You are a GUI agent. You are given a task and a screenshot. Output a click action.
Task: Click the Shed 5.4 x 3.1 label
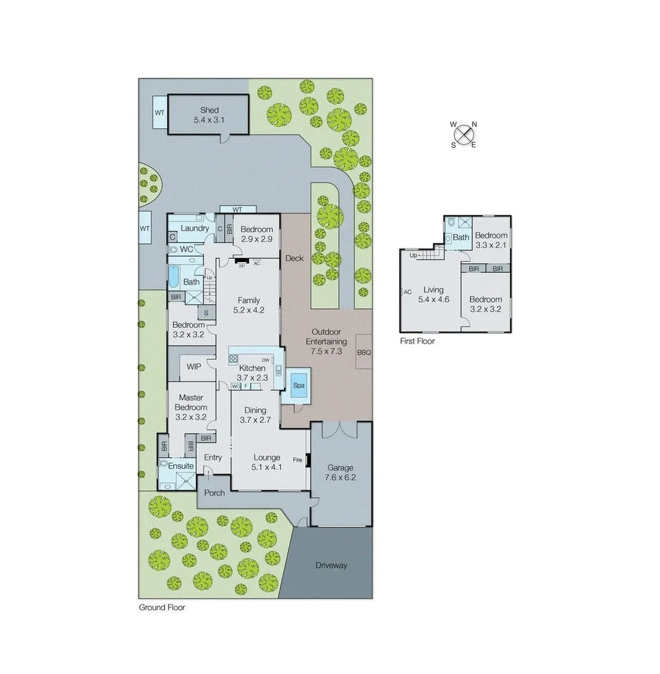[209, 115]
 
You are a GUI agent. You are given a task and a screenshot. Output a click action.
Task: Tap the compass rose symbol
[464, 135]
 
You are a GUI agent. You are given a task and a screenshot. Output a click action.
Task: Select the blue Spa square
[298, 386]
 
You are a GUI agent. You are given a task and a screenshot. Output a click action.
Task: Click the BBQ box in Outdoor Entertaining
[364, 352]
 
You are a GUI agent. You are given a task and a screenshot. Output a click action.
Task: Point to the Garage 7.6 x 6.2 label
[340, 472]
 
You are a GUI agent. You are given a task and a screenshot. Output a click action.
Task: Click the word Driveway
[331, 565]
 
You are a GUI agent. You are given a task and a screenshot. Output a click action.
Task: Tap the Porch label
[214, 493]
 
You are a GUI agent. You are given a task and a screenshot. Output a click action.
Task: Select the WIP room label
[193, 367]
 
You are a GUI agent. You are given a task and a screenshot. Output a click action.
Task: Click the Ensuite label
[181, 466]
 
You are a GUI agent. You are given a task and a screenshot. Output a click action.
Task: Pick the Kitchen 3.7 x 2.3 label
[252, 372]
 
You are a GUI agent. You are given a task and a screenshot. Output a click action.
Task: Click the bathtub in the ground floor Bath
[173, 277]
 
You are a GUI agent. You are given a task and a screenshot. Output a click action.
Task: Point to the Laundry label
[195, 228]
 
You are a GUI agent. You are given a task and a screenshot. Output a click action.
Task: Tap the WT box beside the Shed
[159, 112]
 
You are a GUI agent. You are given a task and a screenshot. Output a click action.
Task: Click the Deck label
[294, 258]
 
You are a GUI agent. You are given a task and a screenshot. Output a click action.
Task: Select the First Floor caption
[417, 341]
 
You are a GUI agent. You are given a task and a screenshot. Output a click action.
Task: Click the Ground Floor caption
[162, 608]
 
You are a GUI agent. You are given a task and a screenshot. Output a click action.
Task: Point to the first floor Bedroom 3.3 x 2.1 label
[491, 239]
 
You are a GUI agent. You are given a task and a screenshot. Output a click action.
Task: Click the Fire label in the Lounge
[297, 459]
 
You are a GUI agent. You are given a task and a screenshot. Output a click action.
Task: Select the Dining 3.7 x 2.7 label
[253, 415]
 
